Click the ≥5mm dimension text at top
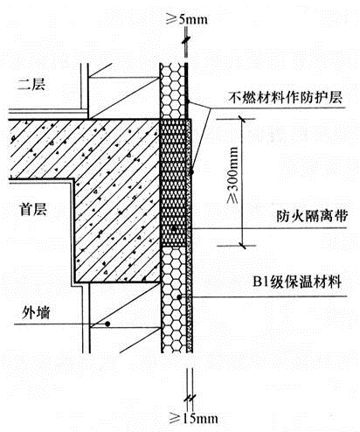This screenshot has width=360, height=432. click(187, 19)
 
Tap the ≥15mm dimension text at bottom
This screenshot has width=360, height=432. click(194, 419)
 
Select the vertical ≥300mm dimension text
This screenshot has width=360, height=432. click(232, 175)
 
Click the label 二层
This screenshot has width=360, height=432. click(31, 84)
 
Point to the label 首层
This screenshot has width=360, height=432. click(33, 209)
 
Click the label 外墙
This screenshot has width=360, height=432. click(36, 312)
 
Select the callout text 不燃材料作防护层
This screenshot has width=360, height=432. click(286, 97)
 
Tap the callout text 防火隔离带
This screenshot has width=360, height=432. click(312, 216)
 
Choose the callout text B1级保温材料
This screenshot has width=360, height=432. click(297, 282)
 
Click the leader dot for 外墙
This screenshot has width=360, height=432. click(107, 324)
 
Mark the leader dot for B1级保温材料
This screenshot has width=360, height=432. click(179, 296)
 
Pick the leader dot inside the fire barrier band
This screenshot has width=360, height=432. click(174, 228)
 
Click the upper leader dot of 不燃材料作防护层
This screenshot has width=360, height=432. click(188, 101)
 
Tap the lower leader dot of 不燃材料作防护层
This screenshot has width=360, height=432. click(191, 172)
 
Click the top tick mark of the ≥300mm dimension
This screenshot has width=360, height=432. click(241, 119)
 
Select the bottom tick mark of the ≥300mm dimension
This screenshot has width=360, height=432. click(242, 246)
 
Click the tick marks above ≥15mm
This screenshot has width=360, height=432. click(190, 398)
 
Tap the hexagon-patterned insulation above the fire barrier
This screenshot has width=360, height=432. click(172, 91)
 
